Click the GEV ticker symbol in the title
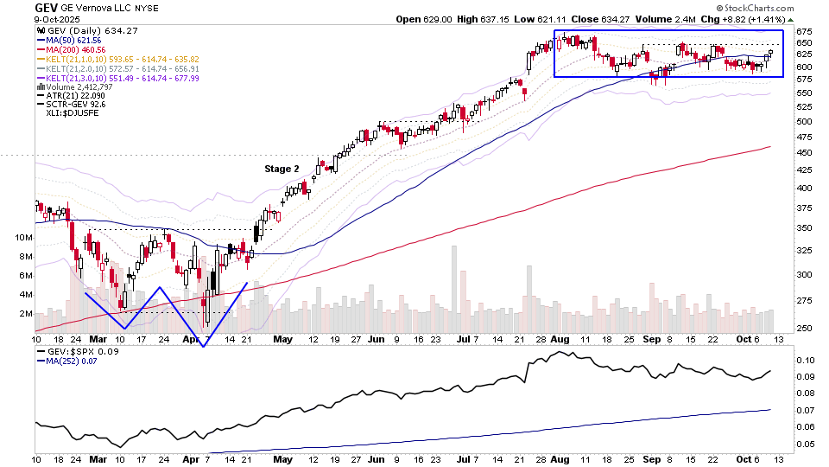[x=46, y=7]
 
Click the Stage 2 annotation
[x=282, y=170]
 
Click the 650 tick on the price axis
[x=805, y=42]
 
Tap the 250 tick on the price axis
[x=805, y=328]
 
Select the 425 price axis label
[x=805, y=188]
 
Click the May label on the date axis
[x=283, y=340]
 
